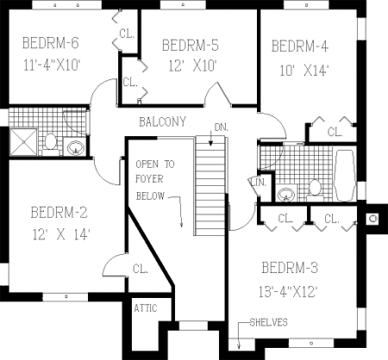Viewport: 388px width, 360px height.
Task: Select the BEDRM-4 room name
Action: pos(300,46)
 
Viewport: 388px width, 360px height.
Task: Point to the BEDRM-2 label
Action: pos(59,212)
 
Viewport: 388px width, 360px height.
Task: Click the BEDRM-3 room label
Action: pos(289,267)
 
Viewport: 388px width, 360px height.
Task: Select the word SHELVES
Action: pos(268,323)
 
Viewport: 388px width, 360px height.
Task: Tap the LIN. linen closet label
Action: pos(258,182)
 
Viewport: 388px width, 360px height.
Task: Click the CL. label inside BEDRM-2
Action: pos(141,269)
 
